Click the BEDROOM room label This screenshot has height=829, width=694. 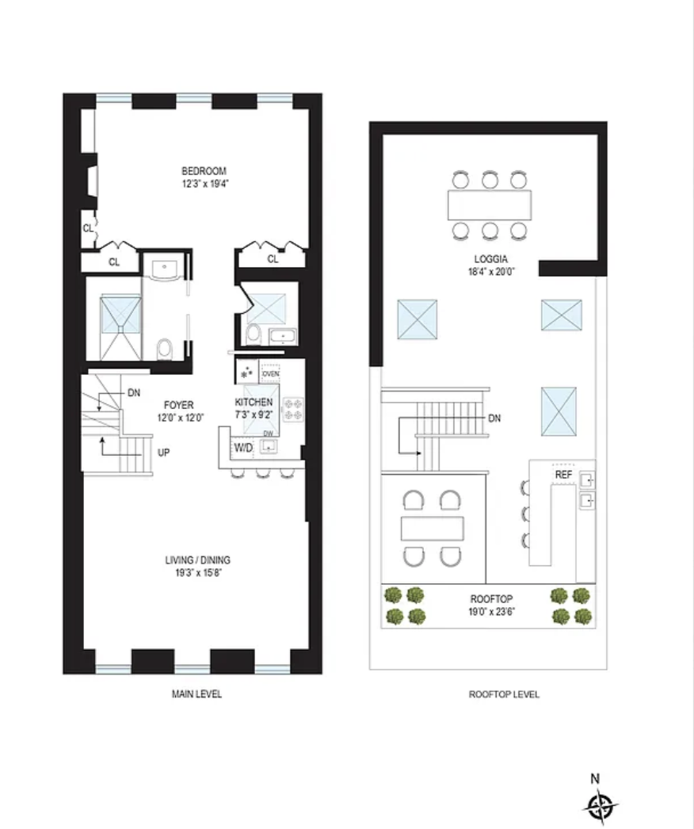pos(204,170)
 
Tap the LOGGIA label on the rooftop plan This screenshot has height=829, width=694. pos(490,259)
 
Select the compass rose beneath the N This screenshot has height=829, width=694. pos(600,806)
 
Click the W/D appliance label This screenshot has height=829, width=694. pos(243,449)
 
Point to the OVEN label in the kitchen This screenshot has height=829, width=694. pos(270,374)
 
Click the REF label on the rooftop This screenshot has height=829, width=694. pos(563,475)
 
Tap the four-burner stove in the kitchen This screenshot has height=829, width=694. pos(293,410)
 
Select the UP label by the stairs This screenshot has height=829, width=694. pos(163,453)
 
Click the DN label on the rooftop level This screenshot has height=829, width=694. pos(494,418)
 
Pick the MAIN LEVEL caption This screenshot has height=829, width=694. pos(196,693)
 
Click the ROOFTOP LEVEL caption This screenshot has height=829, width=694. pos(504,694)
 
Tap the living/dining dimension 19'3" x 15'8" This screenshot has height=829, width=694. pos(198,573)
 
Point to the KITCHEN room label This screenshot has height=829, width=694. pos(254,403)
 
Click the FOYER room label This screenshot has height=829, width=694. pos(179,405)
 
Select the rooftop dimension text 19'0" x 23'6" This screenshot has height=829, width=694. pos(491,612)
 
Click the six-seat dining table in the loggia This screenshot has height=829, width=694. pos(490,205)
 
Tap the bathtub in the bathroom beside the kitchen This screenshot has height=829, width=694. pos(283,336)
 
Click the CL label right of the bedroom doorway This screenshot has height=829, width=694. pos(273,259)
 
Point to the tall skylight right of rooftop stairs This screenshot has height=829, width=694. pos(559,411)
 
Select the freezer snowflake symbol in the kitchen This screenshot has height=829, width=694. pos(246,372)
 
